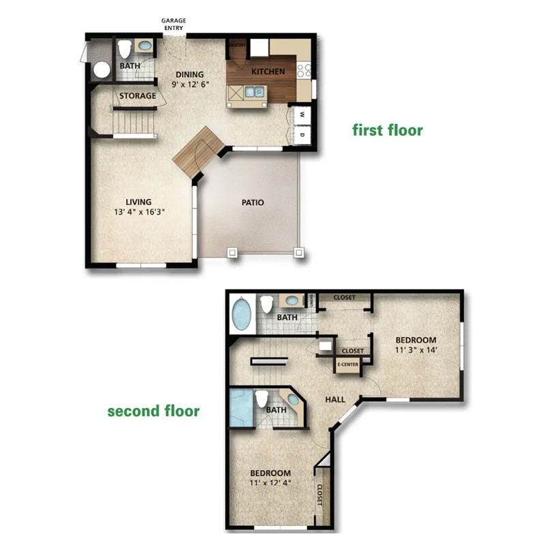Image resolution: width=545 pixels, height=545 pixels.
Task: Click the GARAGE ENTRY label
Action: pyautogui.click(x=174, y=25)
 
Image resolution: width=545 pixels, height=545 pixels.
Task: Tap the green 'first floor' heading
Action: pyautogui.click(x=387, y=129)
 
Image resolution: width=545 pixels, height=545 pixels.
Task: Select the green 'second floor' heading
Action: pyautogui.click(x=153, y=411)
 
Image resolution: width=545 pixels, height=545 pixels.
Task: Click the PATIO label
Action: pyautogui.click(x=253, y=202)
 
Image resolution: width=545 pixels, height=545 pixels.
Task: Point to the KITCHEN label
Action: pyautogui.click(x=268, y=72)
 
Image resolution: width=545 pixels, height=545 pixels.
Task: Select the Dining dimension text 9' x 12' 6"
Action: pyautogui.click(x=189, y=84)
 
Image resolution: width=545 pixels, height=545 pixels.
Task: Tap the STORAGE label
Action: pyautogui.click(x=138, y=96)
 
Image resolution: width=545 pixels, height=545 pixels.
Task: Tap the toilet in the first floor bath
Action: pyautogui.click(x=124, y=49)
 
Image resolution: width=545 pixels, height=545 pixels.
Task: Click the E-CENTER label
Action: pyautogui.click(x=347, y=364)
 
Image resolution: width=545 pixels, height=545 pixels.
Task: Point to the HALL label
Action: pyautogui.click(x=334, y=400)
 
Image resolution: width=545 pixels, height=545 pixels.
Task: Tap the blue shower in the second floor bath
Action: pyautogui.click(x=240, y=407)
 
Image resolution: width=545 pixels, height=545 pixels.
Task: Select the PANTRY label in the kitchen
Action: pyautogui.click(x=237, y=45)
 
